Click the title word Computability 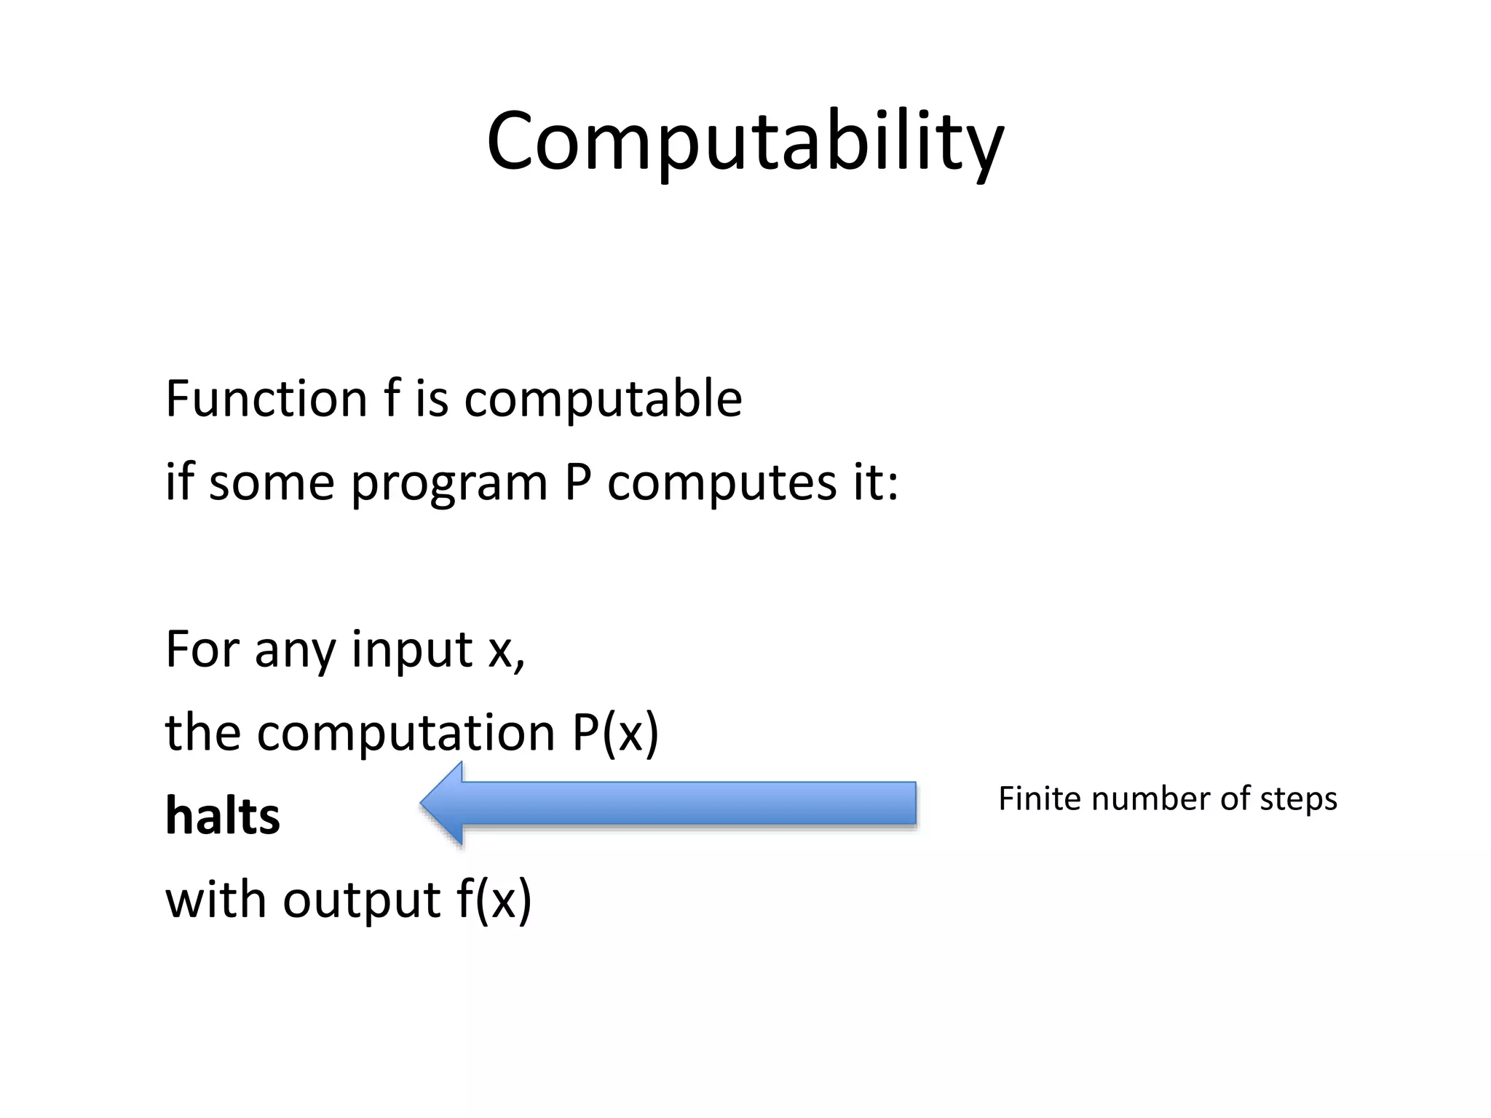tap(745, 142)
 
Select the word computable tap(603, 400)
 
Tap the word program tap(449, 484)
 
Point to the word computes tap(722, 484)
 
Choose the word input tap(412, 649)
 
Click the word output tap(361, 900)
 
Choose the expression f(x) tap(494, 900)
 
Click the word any tap(295, 650)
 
